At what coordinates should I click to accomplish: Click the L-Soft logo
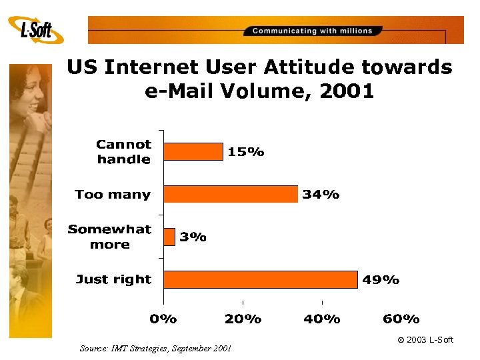tap(36, 30)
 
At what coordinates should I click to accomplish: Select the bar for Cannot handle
tap(193, 151)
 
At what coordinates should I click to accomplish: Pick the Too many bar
tap(231, 194)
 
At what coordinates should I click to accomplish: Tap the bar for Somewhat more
tap(169, 237)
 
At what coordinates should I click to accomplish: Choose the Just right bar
tap(261, 279)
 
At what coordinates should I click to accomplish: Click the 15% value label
tap(246, 152)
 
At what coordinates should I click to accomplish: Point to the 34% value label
tap(321, 195)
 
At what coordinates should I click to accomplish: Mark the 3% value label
tap(193, 237)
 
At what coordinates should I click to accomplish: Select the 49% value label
tap(381, 280)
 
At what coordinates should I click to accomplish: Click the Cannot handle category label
tap(124, 151)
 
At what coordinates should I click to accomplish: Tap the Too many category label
tap(113, 195)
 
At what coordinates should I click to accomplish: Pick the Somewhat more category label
tap(110, 237)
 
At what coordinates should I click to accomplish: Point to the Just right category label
tap(113, 279)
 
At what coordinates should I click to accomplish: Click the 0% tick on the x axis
tap(163, 319)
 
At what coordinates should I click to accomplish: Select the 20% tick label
tap(243, 319)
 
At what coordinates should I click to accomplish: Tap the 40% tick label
tap(322, 319)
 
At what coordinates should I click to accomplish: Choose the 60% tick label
tap(401, 319)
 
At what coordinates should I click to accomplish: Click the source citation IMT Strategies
tap(155, 348)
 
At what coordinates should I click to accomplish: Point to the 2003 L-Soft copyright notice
tap(425, 340)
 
